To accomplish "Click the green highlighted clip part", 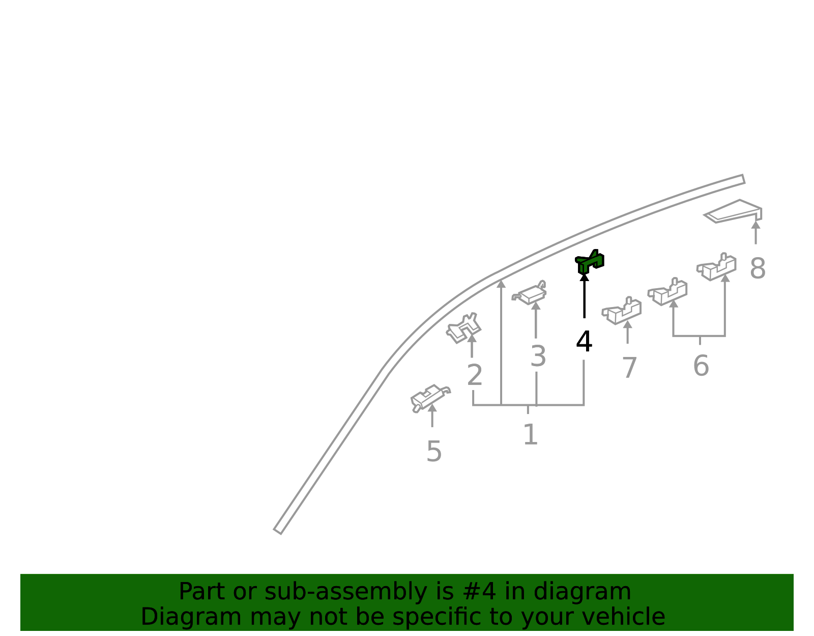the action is (589, 262).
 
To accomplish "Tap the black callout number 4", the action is (584, 341).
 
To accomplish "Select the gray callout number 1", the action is (531, 434).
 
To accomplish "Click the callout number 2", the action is (475, 375).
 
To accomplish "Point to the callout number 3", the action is (538, 356).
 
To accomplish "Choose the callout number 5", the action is (434, 451).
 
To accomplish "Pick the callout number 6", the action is (701, 366).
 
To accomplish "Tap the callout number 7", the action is (629, 368).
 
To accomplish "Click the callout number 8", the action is (758, 268).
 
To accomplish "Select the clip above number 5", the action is (430, 398).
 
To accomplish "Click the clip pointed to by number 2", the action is (463, 328).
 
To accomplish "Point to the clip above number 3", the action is (529, 293).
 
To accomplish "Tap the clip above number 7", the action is (622, 311).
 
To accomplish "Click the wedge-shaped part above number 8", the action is (733, 212).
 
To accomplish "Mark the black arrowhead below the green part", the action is (585, 277).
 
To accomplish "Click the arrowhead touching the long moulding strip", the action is (501, 284).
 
